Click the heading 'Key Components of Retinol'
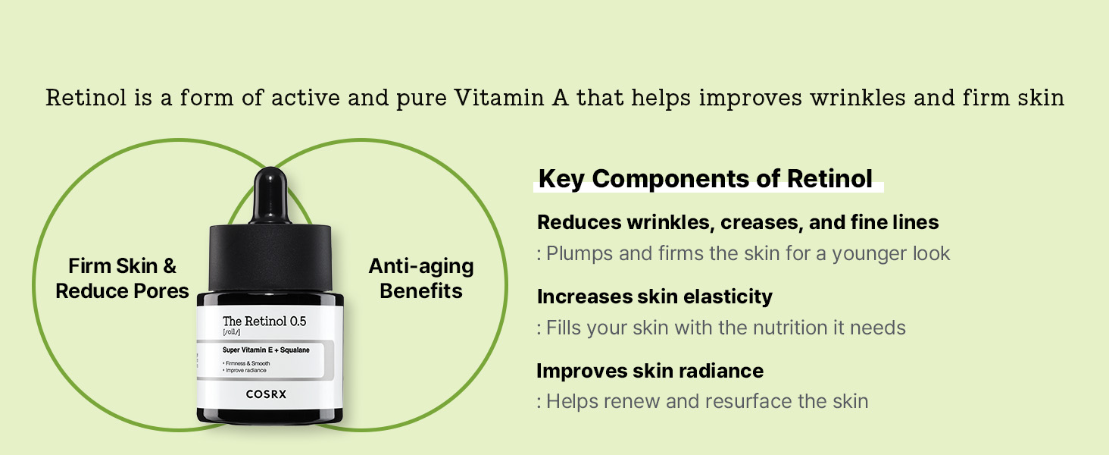point(705,179)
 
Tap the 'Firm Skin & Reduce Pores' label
point(122,278)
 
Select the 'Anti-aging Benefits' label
point(421,278)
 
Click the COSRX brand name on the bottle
point(266,394)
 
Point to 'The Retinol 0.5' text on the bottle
point(264,322)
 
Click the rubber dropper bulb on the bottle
point(271,196)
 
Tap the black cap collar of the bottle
point(270,259)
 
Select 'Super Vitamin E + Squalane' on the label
point(266,350)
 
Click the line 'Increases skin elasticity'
point(654,297)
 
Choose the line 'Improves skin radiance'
point(650,371)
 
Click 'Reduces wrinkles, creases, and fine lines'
point(738,222)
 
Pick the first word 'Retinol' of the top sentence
point(86,98)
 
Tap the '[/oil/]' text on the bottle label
point(231,332)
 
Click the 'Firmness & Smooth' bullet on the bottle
point(246,363)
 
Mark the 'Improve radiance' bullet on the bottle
point(245,370)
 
